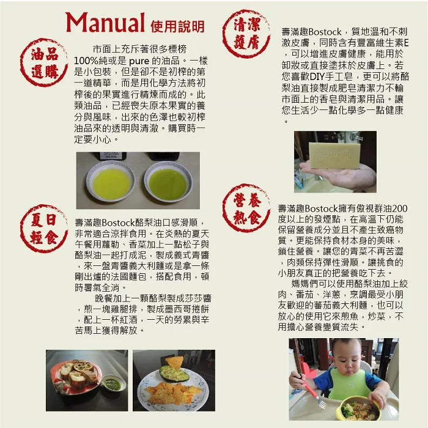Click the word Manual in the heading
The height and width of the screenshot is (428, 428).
(105, 23)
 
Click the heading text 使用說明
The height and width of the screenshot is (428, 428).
(177, 26)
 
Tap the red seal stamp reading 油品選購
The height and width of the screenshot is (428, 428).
(44, 62)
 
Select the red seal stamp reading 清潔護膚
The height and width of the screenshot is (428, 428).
(246, 34)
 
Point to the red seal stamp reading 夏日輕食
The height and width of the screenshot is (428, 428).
(44, 229)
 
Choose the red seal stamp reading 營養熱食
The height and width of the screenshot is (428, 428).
(246, 208)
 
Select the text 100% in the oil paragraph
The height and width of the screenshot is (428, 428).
(85, 61)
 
